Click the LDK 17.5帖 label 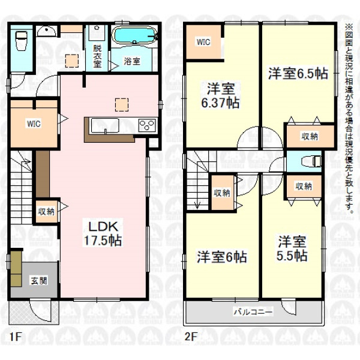coord(103,233)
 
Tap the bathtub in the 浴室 coord(135,35)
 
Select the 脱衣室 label coord(97,56)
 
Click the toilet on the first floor coord(22,41)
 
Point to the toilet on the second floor coord(311,161)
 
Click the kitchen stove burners coord(147,125)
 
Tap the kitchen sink coord(105,125)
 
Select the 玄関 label coord(39,281)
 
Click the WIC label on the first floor coord(34,124)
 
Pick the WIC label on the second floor coord(203,42)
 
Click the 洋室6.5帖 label coord(298,73)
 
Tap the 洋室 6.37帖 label coord(220,96)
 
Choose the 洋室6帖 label coord(222,257)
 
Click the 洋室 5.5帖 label coord(292,248)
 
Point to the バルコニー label coord(253,312)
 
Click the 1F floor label coord(16,337)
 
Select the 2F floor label coord(191,337)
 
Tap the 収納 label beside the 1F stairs coord(46,211)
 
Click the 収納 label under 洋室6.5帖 coord(310,136)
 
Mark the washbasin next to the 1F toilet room coord(46,31)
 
